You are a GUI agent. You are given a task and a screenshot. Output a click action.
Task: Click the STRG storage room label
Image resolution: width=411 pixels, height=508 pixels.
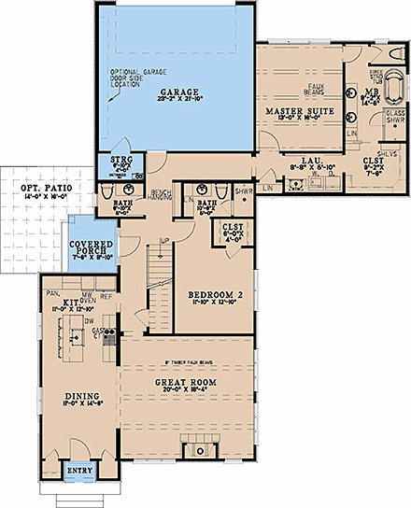[x=121, y=161]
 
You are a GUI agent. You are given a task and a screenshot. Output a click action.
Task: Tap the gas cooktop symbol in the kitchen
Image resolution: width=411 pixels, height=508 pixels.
[x=108, y=332]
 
